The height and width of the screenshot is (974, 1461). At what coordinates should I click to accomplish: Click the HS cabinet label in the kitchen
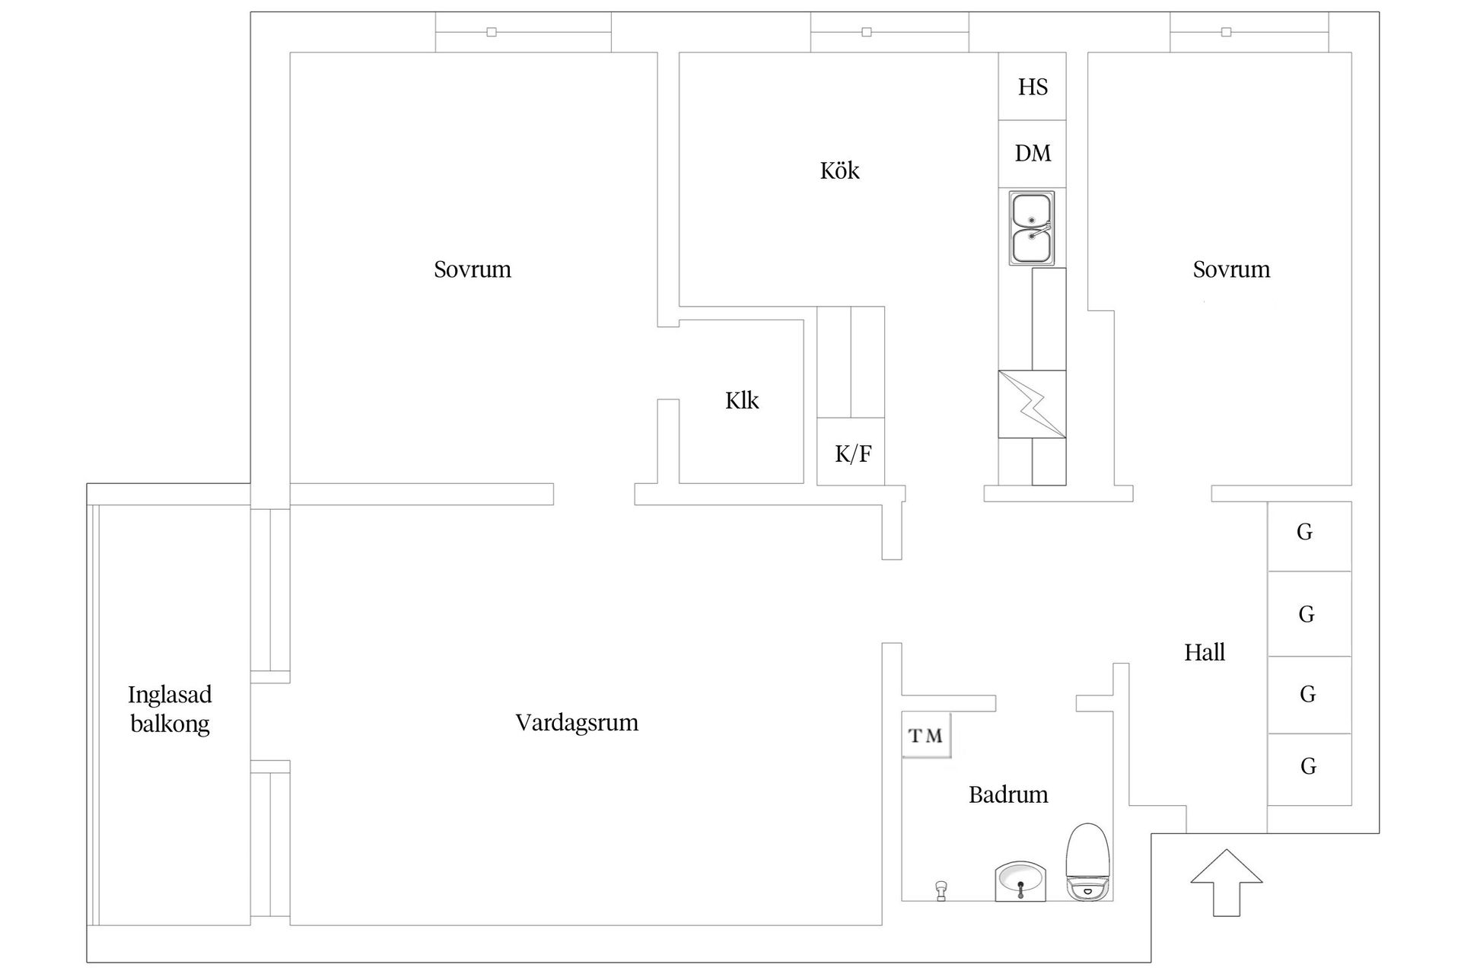pyautogui.click(x=1033, y=87)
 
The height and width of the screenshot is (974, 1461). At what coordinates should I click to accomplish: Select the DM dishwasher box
pyautogui.click(x=1033, y=154)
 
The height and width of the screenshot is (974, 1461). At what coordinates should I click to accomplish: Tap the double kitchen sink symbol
pyautogui.click(x=1032, y=228)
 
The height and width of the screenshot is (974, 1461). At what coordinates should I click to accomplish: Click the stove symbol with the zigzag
pyautogui.click(x=1032, y=404)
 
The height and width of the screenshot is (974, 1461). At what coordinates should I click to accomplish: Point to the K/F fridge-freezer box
pyautogui.click(x=851, y=453)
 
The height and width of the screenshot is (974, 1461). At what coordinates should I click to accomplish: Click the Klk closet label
pyautogui.click(x=741, y=401)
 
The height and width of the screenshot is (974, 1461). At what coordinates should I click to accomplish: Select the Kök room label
pyautogui.click(x=839, y=170)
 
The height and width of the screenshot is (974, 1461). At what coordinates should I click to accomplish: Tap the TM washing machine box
pyautogui.click(x=926, y=735)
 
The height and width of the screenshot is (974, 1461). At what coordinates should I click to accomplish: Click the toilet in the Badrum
pyautogui.click(x=1088, y=862)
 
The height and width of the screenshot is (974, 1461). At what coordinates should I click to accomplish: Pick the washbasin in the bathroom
pyautogui.click(x=1020, y=883)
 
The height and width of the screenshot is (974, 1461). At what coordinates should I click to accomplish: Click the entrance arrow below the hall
pyautogui.click(x=1226, y=883)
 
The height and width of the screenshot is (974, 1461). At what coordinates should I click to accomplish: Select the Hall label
pyautogui.click(x=1204, y=653)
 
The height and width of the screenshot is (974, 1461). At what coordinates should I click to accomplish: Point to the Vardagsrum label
pyautogui.click(x=576, y=723)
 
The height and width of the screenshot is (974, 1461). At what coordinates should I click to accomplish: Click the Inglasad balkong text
pyautogui.click(x=170, y=709)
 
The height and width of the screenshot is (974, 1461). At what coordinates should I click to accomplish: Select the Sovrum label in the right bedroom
pyautogui.click(x=1230, y=269)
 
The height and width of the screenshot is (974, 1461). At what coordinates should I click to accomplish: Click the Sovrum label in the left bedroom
pyautogui.click(x=472, y=269)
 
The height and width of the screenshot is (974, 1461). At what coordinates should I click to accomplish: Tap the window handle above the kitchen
pyautogui.click(x=866, y=32)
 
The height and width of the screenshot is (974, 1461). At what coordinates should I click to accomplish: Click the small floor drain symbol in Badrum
pyautogui.click(x=941, y=890)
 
